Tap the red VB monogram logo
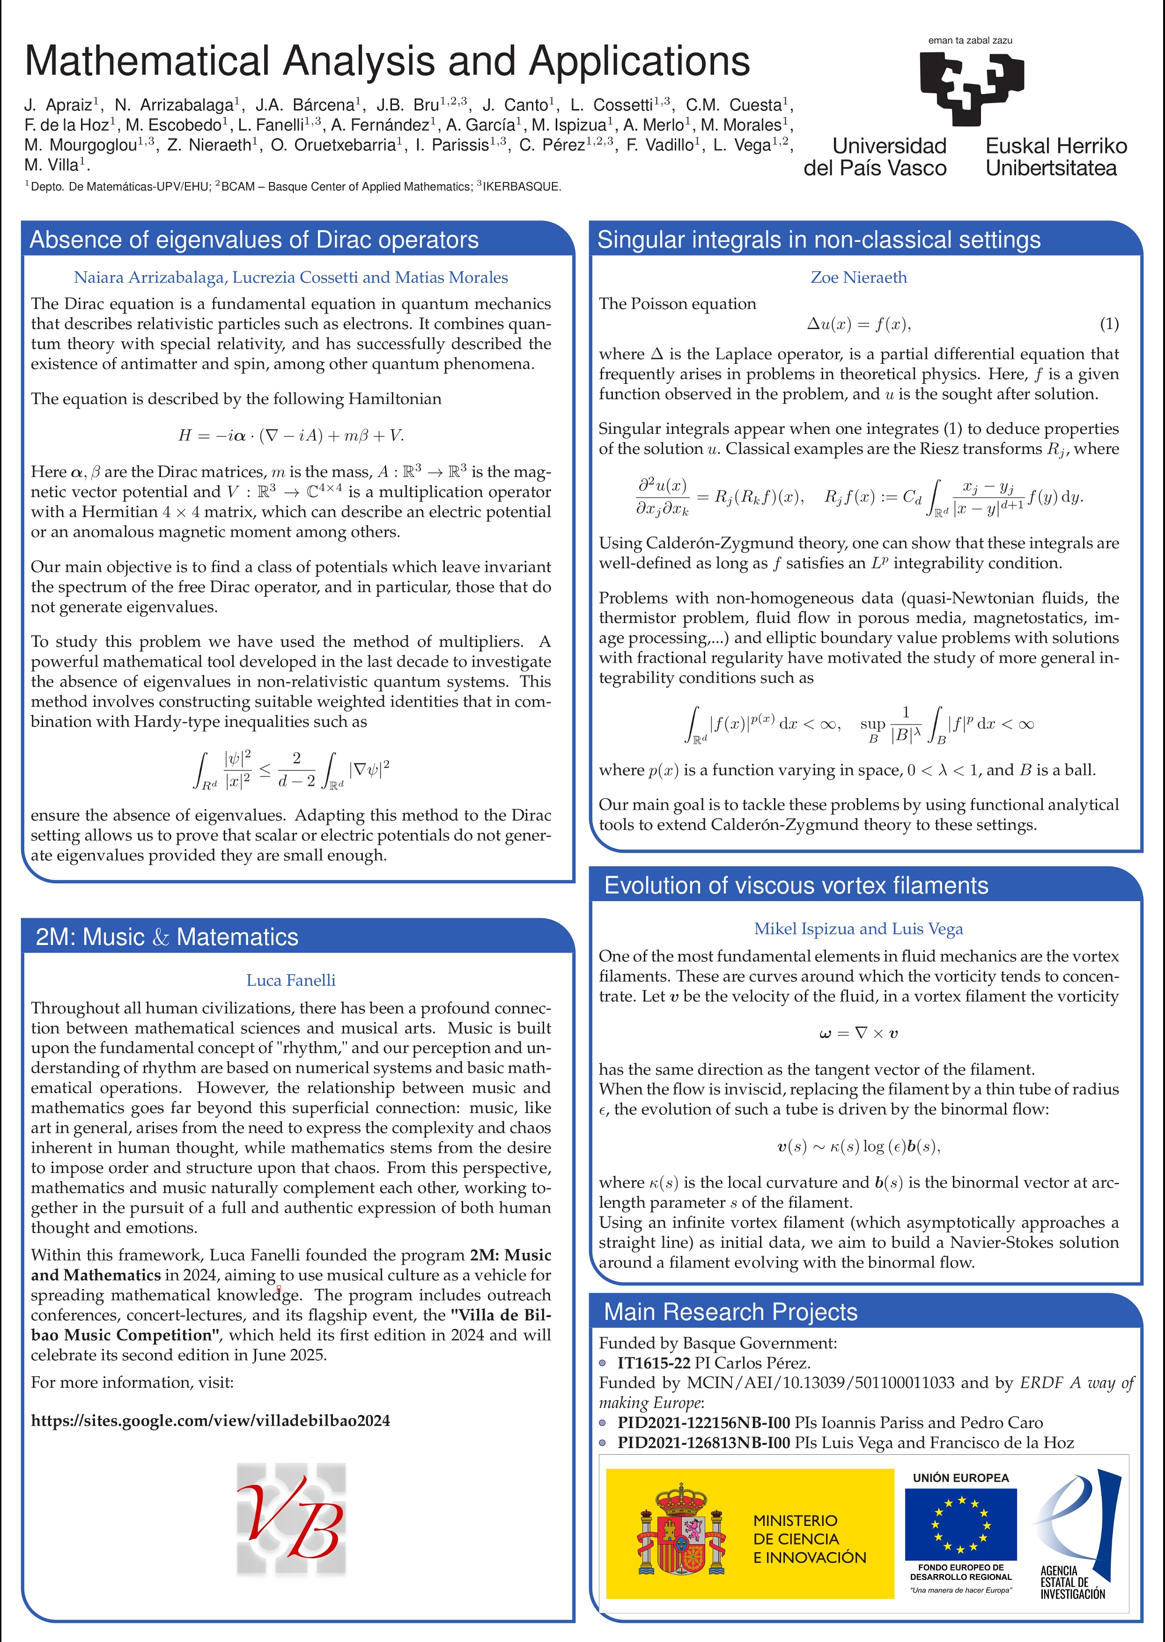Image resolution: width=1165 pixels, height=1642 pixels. click(291, 1519)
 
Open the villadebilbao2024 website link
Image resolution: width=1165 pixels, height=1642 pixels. click(210, 1421)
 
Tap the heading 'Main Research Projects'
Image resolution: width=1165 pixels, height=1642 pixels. click(730, 1312)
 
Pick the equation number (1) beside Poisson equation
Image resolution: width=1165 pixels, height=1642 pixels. click(1108, 324)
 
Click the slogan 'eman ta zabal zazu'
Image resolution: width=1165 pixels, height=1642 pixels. click(970, 41)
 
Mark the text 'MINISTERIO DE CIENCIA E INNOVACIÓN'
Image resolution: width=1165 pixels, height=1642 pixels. click(809, 1539)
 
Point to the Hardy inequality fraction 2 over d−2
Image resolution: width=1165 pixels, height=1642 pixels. click(296, 770)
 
